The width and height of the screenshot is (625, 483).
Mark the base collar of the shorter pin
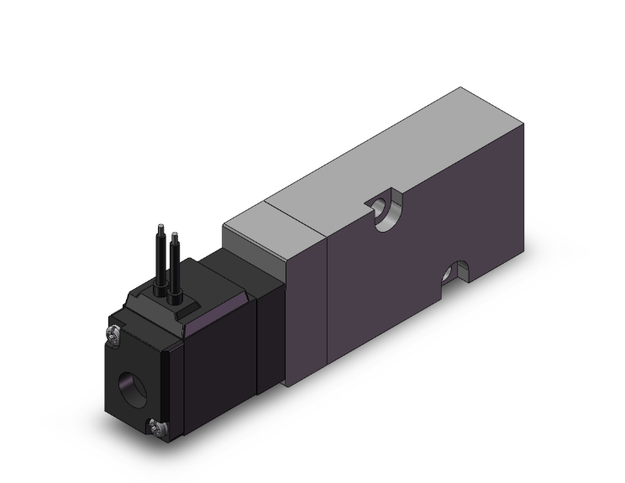pos(175,297)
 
